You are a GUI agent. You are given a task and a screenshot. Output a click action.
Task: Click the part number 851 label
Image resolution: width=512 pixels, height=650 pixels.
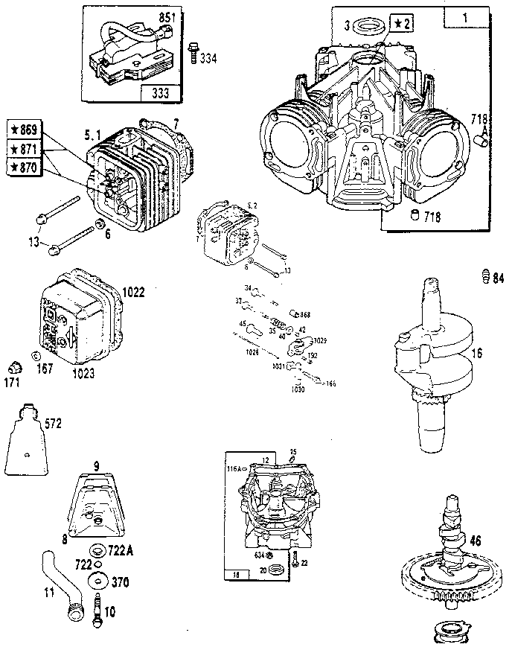[165, 16]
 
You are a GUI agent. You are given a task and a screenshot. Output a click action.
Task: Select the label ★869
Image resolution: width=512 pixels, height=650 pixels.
[25, 127]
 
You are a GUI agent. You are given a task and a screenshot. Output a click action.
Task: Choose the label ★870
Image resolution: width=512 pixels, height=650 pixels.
[25, 167]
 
